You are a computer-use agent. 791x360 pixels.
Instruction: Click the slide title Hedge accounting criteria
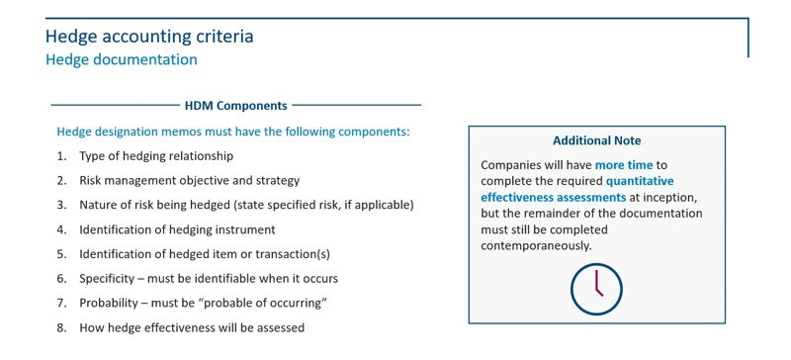(x=149, y=37)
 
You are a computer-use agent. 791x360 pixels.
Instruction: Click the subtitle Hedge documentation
(x=121, y=59)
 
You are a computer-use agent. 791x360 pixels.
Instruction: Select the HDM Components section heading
(x=235, y=106)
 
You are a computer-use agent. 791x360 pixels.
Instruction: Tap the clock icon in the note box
(x=596, y=289)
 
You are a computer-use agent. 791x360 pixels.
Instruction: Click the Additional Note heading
(x=596, y=141)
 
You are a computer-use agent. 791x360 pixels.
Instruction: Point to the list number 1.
(x=61, y=156)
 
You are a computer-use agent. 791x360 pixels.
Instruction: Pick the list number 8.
(x=61, y=328)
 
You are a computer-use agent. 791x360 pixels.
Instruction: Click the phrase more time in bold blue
(x=624, y=165)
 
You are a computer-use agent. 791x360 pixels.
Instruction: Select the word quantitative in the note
(x=640, y=181)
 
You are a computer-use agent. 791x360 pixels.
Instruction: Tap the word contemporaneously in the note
(x=536, y=245)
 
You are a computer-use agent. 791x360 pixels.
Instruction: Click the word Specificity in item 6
(x=109, y=279)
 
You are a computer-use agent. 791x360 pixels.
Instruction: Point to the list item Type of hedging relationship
(x=156, y=156)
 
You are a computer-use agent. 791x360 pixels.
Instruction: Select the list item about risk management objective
(x=189, y=181)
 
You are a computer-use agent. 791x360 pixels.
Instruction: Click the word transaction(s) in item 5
(x=294, y=254)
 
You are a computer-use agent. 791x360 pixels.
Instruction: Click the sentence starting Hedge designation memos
(x=232, y=132)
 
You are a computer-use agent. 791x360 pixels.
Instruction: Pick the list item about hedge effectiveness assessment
(x=192, y=328)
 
